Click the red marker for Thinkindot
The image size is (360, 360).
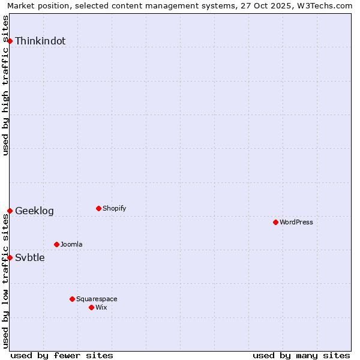(10, 41)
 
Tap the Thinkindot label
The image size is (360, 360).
(40, 41)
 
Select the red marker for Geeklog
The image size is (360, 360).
(10, 211)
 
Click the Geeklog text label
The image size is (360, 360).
(34, 211)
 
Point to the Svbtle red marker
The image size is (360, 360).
(10, 257)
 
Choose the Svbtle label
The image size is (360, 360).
(30, 258)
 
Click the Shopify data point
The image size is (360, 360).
(98, 208)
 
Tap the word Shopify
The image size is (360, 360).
(114, 209)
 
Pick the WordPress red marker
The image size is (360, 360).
(275, 222)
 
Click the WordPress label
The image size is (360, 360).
(296, 223)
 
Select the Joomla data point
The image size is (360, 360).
(56, 244)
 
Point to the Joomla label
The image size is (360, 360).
(71, 245)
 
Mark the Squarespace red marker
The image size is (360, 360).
(72, 299)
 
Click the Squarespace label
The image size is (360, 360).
(97, 299)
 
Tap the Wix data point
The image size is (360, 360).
(91, 307)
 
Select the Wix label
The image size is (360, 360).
(101, 308)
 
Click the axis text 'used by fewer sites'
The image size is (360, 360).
(62, 356)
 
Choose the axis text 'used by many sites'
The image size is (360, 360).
(301, 356)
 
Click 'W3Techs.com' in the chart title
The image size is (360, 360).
(323, 6)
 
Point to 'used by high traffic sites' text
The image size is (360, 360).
(6, 85)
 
